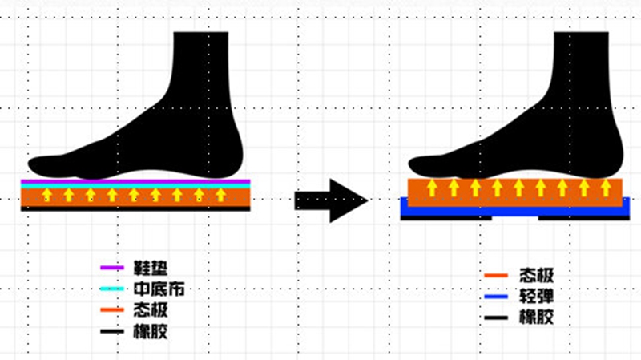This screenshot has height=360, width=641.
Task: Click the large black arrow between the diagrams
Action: (x=330, y=200)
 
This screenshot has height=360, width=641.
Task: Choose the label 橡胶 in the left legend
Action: (x=151, y=330)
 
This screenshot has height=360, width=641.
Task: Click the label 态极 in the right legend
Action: (x=534, y=277)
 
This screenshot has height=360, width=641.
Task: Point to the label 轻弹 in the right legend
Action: (x=534, y=297)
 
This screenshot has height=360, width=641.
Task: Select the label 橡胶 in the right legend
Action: (x=534, y=318)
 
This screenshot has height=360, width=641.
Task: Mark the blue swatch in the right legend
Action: (x=496, y=297)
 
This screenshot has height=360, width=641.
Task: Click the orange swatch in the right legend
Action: (x=496, y=277)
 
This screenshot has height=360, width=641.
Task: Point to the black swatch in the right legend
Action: (x=496, y=318)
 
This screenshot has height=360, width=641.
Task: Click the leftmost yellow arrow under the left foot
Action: (x=47, y=195)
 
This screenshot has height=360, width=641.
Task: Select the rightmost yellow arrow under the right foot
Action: (x=607, y=188)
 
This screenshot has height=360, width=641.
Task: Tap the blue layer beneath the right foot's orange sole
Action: (x=513, y=212)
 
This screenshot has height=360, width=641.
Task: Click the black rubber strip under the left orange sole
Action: (x=136, y=208)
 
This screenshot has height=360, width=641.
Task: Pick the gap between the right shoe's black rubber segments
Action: (x=514, y=218)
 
